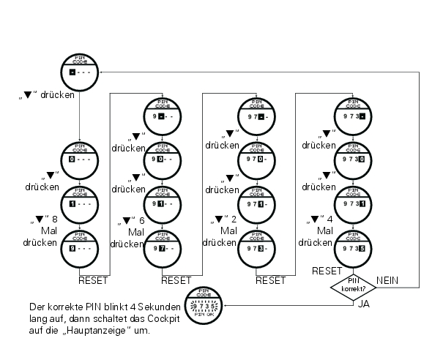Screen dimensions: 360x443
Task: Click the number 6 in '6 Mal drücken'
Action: [x=142, y=219]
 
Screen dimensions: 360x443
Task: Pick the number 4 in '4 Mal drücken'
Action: [x=331, y=218]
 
